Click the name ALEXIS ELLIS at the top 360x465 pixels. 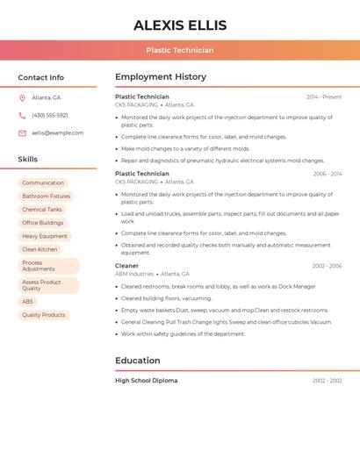click(x=180, y=25)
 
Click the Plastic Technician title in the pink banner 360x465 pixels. click(x=180, y=50)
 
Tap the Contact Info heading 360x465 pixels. click(x=41, y=77)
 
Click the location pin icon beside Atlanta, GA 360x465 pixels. click(x=22, y=98)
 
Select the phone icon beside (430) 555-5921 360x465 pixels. click(x=22, y=116)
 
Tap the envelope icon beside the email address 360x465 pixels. click(x=22, y=133)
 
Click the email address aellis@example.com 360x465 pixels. click(x=58, y=133)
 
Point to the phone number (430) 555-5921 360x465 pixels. click(x=50, y=116)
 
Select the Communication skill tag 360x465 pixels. click(x=43, y=183)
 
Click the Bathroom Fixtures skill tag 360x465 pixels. click(x=46, y=197)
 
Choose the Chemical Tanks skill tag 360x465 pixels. click(x=42, y=210)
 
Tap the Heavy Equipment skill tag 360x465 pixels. click(x=45, y=236)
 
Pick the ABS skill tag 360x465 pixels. click(x=28, y=302)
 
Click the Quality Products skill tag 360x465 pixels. click(x=44, y=315)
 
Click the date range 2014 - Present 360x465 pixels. click(x=324, y=97)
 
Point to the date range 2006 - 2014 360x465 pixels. click(x=328, y=174)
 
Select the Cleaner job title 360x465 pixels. click(x=126, y=266)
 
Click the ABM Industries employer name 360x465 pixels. click(x=134, y=274)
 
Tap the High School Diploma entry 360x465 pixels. click(x=146, y=381)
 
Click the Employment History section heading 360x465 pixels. click(x=161, y=77)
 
